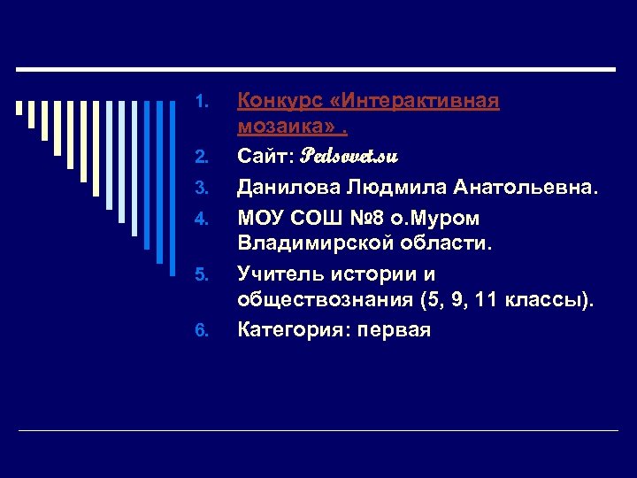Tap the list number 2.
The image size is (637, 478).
pyautogui.click(x=201, y=158)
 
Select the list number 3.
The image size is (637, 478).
pyautogui.click(x=201, y=188)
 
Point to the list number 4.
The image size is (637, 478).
pyautogui.click(x=201, y=217)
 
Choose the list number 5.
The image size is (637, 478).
pyautogui.click(x=201, y=274)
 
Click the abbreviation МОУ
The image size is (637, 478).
pyautogui.click(x=261, y=217)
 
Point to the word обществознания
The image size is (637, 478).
pyautogui.click(x=325, y=301)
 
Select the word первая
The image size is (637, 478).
pyautogui.click(x=397, y=331)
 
